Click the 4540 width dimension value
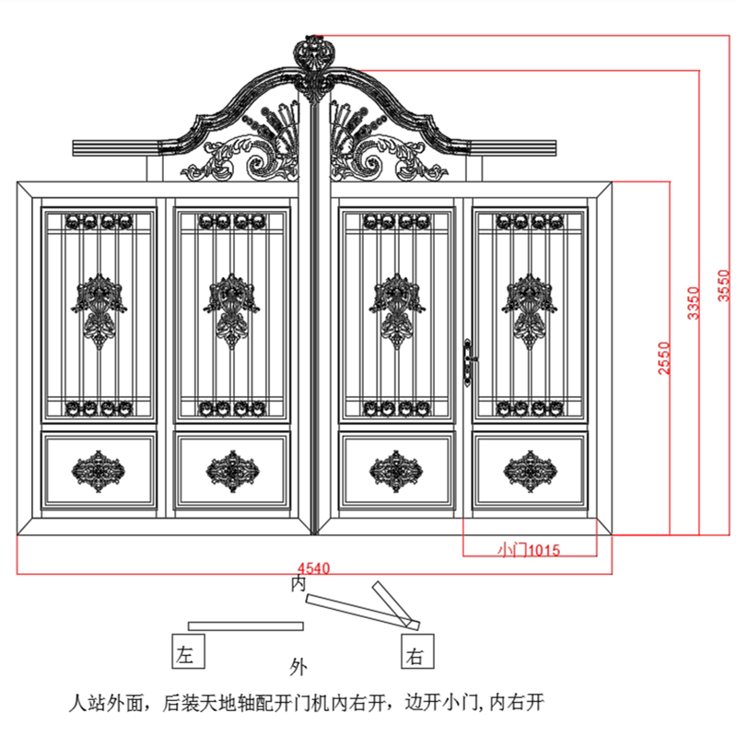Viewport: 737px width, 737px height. coord(313,566)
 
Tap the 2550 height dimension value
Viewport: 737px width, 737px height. coord(663,358)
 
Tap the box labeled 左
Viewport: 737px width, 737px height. coord(188,653)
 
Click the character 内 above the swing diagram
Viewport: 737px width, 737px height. coord(298,584)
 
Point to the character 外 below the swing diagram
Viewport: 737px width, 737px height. coord(298,665)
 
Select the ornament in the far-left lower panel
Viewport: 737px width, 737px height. coord(99,471)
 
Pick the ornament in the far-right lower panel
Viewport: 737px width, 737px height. coord(530,471)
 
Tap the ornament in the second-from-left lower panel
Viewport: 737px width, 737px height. coord(233,471)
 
